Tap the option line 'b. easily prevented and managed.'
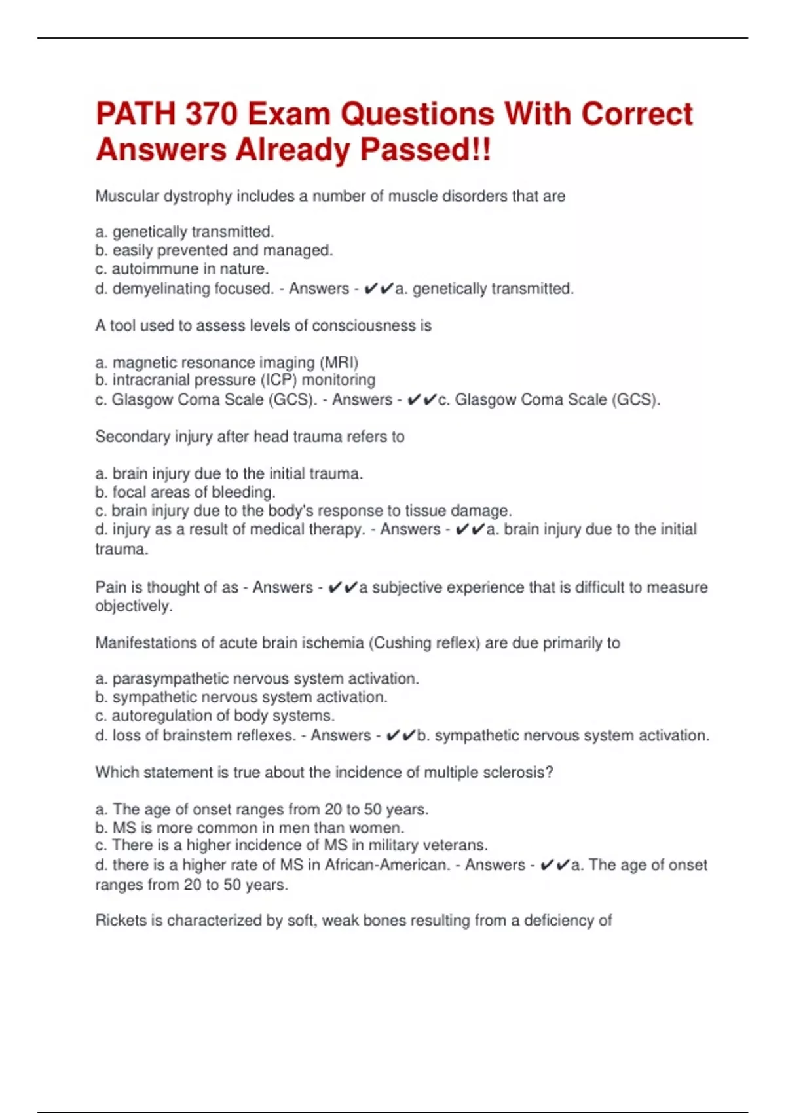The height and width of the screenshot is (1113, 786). pos(214,250)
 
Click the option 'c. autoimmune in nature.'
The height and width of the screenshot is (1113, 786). pos(182,268)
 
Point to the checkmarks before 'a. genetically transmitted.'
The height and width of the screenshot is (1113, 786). pos(378,289)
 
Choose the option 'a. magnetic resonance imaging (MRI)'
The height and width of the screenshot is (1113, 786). pos(227,362)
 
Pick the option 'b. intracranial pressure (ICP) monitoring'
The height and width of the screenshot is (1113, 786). pos(235,380)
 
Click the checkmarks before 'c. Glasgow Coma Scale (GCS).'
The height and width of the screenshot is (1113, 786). pos(421,399)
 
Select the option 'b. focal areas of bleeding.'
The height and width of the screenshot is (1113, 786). pos(185,492)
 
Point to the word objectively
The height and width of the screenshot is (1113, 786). pos(134,606)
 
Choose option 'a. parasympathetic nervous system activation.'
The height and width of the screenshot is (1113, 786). pos(257,678)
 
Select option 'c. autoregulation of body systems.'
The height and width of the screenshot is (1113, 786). pos(215,716)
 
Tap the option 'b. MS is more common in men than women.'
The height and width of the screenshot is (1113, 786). pos(250,828)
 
